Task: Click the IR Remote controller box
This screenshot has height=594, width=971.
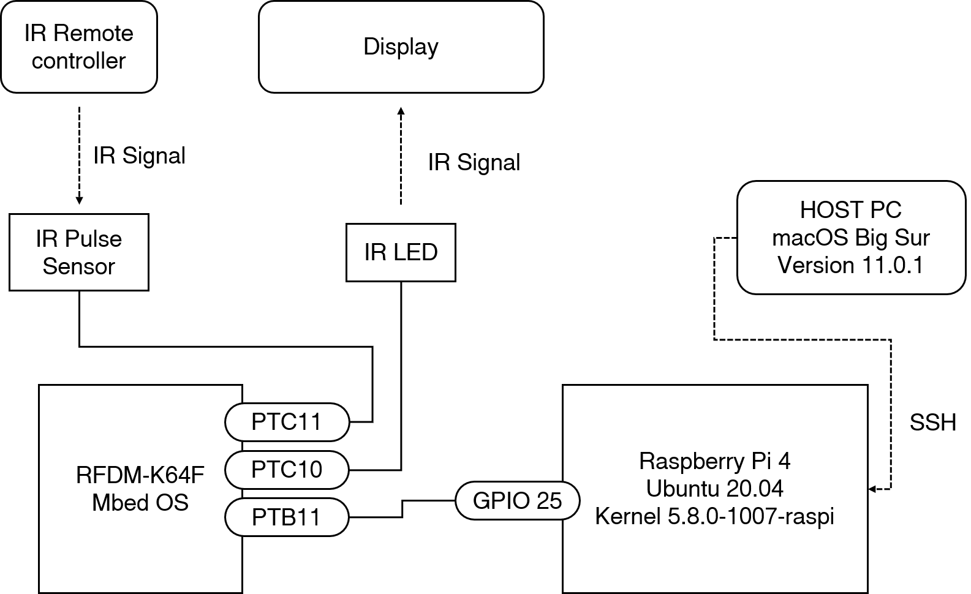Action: pyautogui.click(x=78, y=47)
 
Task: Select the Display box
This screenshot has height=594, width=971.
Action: pyautogui.click(x=401, y=47)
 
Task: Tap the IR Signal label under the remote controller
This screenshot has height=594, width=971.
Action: pyautogui.click(x=140, y=156)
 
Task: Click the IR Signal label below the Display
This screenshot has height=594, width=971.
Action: pyautogui.click(x=474, y=162)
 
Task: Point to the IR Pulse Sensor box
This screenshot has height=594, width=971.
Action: pyautogui.click(x=78, y=252)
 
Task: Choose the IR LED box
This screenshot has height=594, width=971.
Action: pyautogui.click(x=401, y=252)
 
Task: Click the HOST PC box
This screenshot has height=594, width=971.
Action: pyautogui.click(x=851, y=238)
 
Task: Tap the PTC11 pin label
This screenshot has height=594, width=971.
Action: pyautogui.click(x=286, y=422)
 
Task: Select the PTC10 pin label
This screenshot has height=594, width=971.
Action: pyautogui.click(x=286, y=470)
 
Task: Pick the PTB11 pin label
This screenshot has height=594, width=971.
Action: pyautogui.click(x=286, y=517)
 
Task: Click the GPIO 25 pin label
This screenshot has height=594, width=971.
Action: pyautogui.click(x=517, y=501)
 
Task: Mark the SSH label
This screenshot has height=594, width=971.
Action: pyautogui.click(x=933, y=422)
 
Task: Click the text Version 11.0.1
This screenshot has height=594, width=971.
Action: pyautogui.click(x=850, y=265)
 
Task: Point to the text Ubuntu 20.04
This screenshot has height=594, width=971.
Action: pyautogui.click(x=714, y=489)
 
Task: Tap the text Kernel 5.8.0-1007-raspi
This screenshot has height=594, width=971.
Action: pyautogui.click(x=714, y=516)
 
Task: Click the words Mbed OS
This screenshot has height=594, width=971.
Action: pyautogui.click(x=140, y=502)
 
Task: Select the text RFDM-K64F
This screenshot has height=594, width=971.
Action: pyautogui.click(x=140, y=475)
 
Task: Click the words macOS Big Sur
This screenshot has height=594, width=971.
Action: pyautogui.click(x=851, y=238)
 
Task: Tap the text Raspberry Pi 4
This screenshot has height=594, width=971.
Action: pyautogui.click(x=714, y=461)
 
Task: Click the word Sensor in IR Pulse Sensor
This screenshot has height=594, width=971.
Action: pyautogui.click(x=78, y=266)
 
